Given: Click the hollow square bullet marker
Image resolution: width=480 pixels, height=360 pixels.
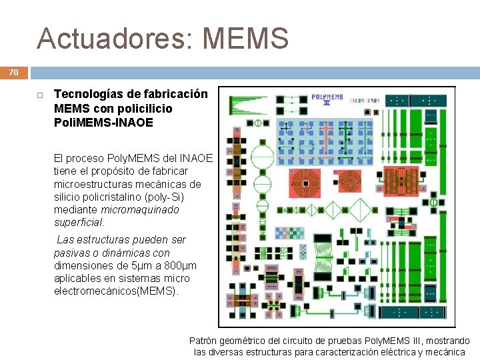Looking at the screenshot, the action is point(39,95).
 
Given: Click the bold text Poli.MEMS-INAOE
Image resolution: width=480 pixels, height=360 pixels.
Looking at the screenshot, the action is point(103,123).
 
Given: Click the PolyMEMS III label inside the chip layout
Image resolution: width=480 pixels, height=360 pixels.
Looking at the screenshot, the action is point(327,99).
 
